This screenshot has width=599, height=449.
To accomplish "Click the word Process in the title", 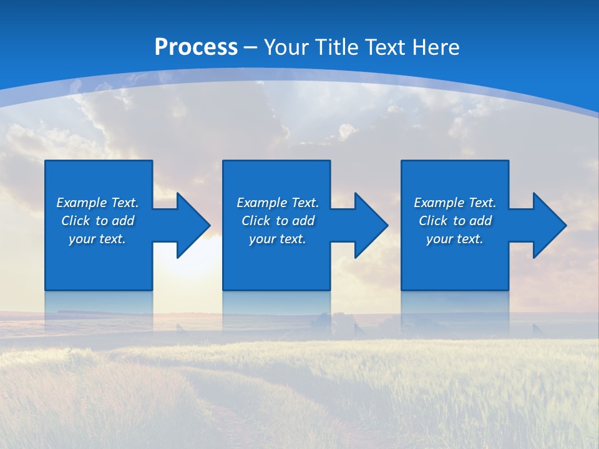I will [196, 47].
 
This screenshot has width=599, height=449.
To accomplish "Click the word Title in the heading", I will [337, 47].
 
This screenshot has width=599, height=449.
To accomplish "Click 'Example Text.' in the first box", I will [97, 203].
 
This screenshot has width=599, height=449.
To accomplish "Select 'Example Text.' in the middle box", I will [278, 203].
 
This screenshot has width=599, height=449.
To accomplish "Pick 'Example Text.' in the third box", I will [455, 203].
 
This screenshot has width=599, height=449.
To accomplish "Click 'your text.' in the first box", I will [97, 239].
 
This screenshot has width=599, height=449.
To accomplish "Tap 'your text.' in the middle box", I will [278, 239].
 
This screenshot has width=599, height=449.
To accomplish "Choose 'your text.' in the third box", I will [455, 239].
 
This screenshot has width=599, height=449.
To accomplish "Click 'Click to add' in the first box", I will [97, 221].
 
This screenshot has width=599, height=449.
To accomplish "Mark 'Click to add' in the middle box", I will [278, 221].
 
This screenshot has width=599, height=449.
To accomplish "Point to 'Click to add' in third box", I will [455, 221].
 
